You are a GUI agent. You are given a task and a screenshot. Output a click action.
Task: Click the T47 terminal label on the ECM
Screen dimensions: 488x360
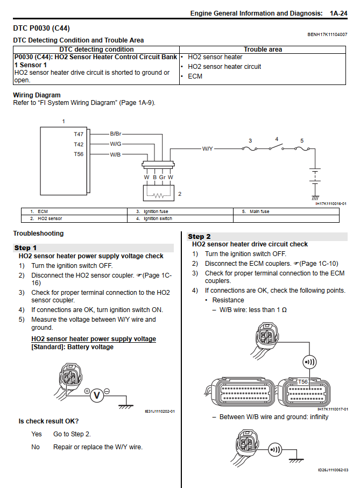pyautogui.click(x=79, y=133)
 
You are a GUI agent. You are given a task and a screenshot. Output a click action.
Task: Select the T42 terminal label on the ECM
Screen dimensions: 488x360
pyautogui.click(x=79, y=144)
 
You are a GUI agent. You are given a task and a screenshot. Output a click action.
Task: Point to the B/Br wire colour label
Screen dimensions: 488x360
pyautogui.click(x=116, y=133)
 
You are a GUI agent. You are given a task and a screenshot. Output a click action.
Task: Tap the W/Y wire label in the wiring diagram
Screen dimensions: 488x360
pyautogui.click(x=208, y=148)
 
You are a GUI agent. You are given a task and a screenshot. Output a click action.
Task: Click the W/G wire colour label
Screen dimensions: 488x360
pyautogui.click(x=116, y=144)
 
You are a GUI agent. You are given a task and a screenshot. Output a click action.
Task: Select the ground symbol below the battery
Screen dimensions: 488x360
pyautogui.click(x=315, y=199)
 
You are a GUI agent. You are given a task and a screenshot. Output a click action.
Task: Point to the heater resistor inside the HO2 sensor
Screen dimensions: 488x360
pyautogui.click(x=158, y=195)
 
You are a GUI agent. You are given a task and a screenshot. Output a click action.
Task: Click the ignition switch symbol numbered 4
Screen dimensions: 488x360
pyautogui.click(x=277, y=146)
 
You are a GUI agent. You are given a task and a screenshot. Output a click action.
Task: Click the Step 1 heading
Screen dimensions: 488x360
pyautogui.click(x=26, y=248)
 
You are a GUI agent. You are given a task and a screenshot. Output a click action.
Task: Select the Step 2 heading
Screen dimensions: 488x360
pyautogui.click(x=199, y=237)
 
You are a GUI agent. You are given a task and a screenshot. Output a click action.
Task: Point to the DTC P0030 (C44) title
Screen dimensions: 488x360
pyautogui.click(x=41, y=28)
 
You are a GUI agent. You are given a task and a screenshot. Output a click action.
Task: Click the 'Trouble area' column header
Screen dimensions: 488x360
pyautogui.click(x=263, y=49)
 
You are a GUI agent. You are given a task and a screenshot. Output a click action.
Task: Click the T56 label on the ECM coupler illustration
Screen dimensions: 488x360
pyautogui.click(x=303, y=381)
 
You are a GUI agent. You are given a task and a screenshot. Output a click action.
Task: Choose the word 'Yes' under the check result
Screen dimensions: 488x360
pyautogui.click(x=37, y=434)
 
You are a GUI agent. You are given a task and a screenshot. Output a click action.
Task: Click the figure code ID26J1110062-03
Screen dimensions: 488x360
pyautogui.click(x=333, y=470)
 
